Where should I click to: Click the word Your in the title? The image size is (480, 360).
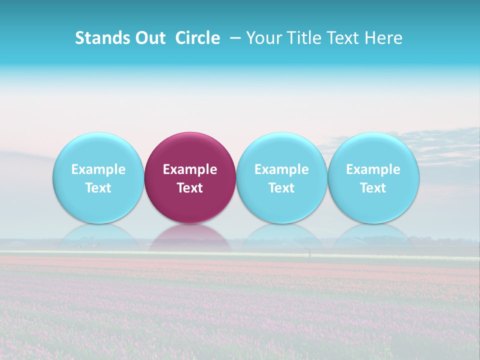tap(263, 38)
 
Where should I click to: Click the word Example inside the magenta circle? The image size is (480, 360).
tap(190, 169)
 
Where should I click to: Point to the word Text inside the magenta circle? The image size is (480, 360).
tap(190, 188)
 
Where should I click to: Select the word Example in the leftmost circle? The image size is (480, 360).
tap(98, 169)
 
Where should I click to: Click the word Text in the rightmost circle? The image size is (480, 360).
tap(373, 188)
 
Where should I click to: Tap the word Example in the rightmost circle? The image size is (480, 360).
tap(373, 169)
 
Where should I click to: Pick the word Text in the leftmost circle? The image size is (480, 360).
tap(98, 188)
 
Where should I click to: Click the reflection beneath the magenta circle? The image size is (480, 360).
tap(190, 237)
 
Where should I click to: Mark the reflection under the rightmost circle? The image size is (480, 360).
tap(373, 237)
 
